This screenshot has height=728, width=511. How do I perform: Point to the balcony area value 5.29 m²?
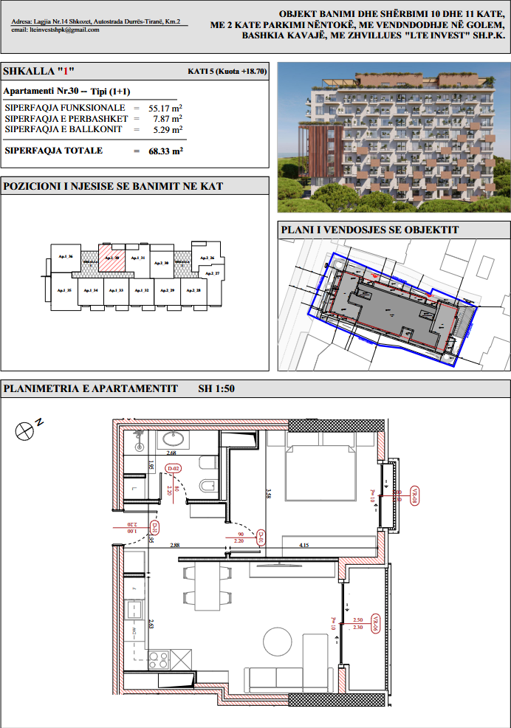(168, 129)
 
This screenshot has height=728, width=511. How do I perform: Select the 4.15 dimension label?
(303, 545)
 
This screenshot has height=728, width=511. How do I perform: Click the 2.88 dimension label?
(174, 545)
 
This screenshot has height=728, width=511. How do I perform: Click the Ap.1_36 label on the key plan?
(65, 258)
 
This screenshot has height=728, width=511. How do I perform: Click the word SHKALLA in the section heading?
(28, 72)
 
